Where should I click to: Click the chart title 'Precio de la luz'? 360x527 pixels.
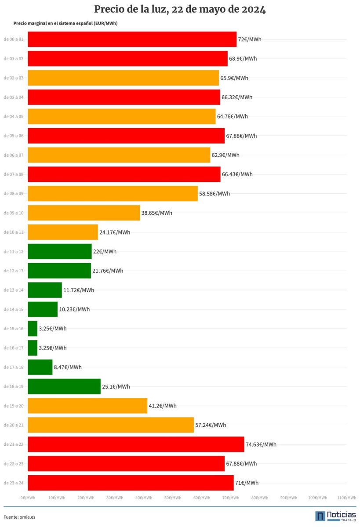click(x=180, y=10)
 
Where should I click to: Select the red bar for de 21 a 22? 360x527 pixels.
click(x=136, y=444)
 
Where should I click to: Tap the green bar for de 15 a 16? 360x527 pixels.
click(x=33, y=328)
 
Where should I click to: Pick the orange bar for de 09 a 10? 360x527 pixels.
click(x=84, y=213)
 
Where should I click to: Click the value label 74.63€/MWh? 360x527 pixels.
click(x=261, y=444)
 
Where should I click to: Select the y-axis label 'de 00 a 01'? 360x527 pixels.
click(x=13, y=39)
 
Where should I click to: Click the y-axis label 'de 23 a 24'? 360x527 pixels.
click(x=13, y=483)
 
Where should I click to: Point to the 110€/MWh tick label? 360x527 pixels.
click(x=346, y=498)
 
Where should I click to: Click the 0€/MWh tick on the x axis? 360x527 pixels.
click(x=28, y=498)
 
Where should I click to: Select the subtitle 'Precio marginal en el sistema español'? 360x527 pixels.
click(x=65, y=23)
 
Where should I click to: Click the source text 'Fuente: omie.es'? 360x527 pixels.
click(x=19, y=517)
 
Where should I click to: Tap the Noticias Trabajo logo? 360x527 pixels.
click(x=335, y=516)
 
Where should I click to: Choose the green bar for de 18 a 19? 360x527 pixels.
click(x=64, y=386)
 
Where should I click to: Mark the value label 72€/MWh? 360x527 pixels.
click(x=249, y=39)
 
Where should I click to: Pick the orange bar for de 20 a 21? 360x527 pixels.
click(x=111, y=425)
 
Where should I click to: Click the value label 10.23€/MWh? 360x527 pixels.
click(x=74, y=309)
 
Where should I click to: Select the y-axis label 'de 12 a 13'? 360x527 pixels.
click(x=13, y=271)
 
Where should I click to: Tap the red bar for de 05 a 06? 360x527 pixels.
click(x=126, y=136)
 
